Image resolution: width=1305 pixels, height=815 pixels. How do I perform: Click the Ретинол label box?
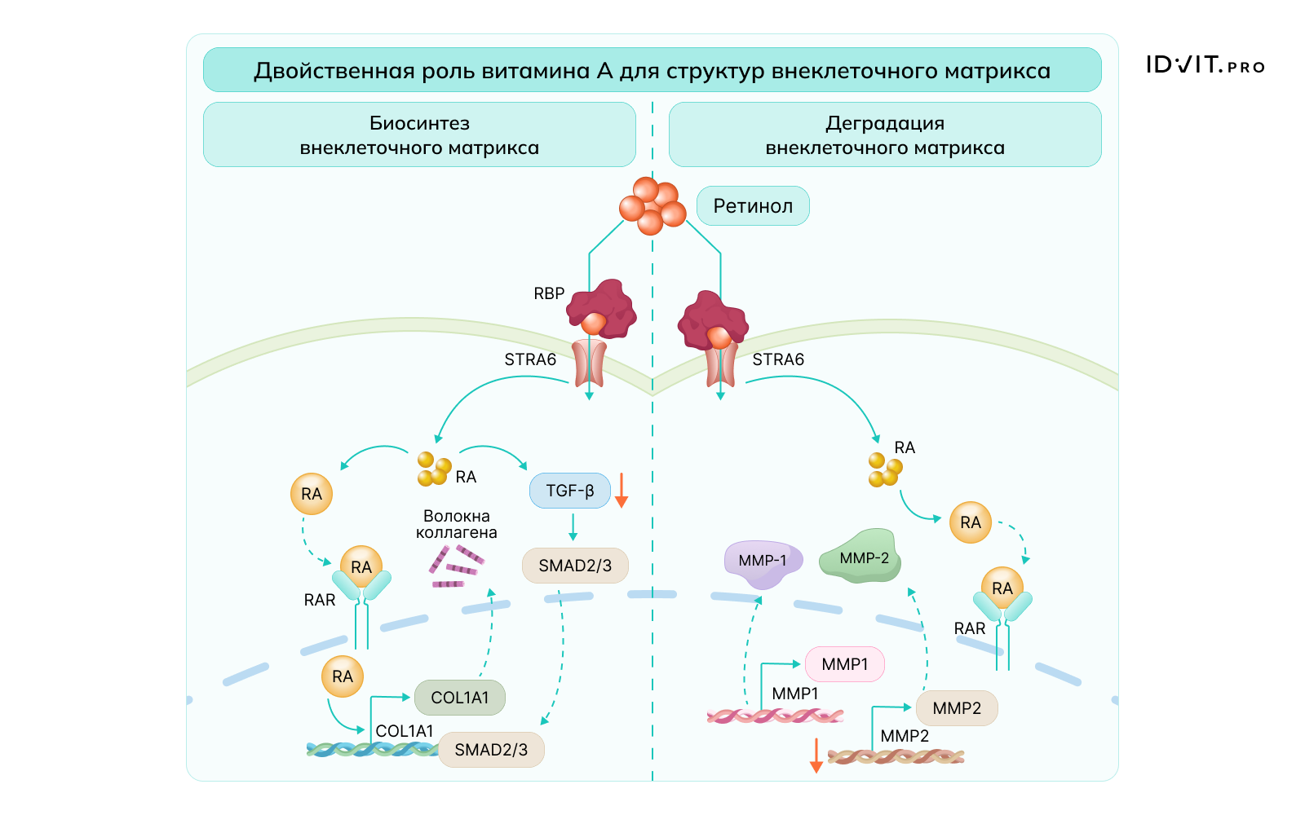pos(753,206)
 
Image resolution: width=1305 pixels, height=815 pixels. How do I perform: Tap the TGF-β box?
pos(570,491)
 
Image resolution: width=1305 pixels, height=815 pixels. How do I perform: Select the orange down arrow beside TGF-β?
pos(621,490)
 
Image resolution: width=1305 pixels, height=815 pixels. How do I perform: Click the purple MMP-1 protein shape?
pos(763,562)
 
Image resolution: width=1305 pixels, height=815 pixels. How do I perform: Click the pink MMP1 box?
pos(844,664)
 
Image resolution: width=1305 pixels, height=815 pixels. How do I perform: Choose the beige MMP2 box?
pos(957,708)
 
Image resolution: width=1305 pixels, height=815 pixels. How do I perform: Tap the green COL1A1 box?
pos(460,698)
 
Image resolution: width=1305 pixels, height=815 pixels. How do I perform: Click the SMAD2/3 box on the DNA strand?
pos(491,750)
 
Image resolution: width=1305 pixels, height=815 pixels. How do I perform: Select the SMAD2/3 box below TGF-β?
pos(575,566)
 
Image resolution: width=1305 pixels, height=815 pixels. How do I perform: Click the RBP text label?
pos(549,293)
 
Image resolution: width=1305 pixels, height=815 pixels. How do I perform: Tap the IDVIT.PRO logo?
pos(1205,65)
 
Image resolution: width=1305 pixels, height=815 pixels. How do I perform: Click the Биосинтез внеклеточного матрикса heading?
pos(419,135)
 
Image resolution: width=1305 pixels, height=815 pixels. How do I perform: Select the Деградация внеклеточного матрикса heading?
pos(885,135)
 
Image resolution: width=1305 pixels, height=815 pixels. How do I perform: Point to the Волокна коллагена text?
pos(457,524)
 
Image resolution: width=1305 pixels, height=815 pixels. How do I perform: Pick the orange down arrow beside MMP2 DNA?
pos(816,755)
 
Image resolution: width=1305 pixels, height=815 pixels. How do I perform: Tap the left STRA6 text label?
pos(530,359)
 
